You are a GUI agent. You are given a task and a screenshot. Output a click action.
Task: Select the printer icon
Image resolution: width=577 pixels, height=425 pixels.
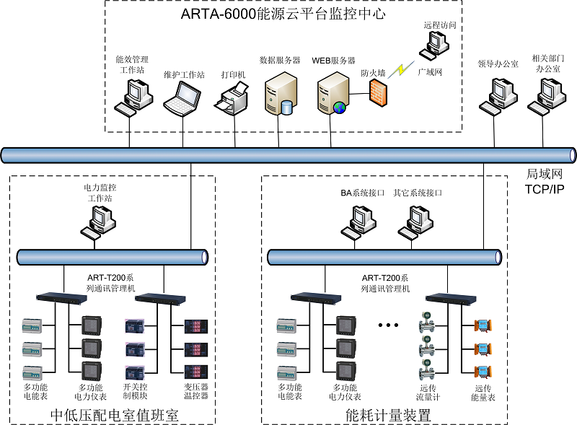232,98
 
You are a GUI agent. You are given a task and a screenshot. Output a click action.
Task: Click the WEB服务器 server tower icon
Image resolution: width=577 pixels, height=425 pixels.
332,92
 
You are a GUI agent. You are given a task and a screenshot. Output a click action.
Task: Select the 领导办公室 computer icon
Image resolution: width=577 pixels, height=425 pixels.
498,95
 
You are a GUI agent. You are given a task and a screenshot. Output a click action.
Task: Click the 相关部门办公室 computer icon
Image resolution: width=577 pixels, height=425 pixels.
547,95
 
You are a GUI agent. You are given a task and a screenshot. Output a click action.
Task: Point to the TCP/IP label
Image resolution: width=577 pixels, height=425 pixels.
544,189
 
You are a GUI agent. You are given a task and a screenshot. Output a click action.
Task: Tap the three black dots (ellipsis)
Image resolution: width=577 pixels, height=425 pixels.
388,325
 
